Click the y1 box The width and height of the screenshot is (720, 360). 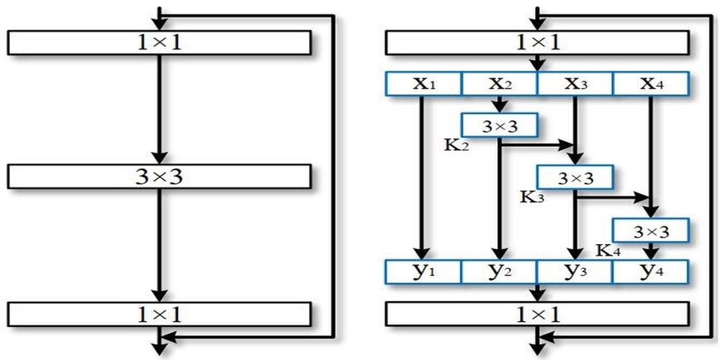(423, 271)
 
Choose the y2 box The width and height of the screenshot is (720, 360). (499, 271)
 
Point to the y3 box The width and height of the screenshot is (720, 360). (575, 271)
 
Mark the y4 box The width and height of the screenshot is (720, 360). (651, 271)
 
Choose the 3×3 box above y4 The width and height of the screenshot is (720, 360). (651, 230)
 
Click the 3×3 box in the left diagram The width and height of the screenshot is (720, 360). (159, 176)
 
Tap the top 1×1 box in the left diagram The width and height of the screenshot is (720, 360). (159, 42)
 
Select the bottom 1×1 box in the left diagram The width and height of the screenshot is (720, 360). (159, 313)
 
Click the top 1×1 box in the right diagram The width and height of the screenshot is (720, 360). (537, 42)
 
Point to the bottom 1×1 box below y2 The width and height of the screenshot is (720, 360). (537, 313)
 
